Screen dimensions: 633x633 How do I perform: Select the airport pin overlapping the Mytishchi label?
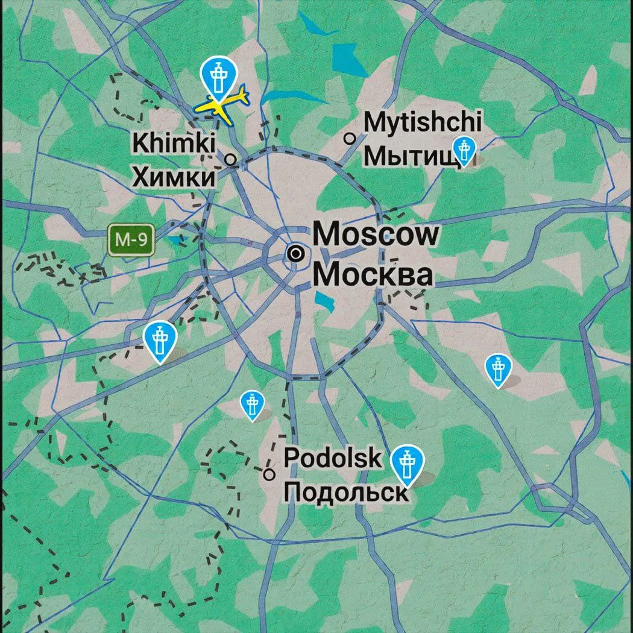(464, 150)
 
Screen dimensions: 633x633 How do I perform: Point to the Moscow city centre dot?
(295, 254)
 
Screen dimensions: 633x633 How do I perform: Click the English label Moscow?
(376, 234)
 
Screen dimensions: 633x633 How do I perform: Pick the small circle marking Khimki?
(230, 160)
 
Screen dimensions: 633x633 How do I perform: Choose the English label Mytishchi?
(423, 122)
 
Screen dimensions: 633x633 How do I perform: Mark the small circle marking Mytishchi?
(349, 139)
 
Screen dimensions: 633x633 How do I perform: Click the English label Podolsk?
(333, 458)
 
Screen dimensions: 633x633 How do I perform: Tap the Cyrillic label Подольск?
(345, 493)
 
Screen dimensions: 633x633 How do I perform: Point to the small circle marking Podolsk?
(269, 474)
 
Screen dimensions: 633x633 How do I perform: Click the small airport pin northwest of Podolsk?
(252, 405)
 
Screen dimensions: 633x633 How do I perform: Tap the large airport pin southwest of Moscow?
(160, 340)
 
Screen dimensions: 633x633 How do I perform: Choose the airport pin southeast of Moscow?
(498, 369)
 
